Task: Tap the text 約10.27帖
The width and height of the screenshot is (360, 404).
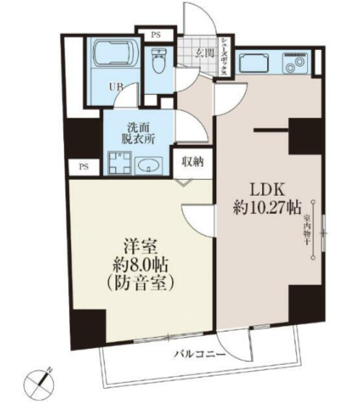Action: (x=266, y=207)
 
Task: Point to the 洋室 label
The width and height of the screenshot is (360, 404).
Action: (x=142, y=244)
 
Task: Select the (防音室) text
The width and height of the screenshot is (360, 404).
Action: (x=142, y=284)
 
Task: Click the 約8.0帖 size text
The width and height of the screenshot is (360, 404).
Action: (x=142, y=264)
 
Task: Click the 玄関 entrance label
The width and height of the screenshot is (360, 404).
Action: (x=205, y=54)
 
